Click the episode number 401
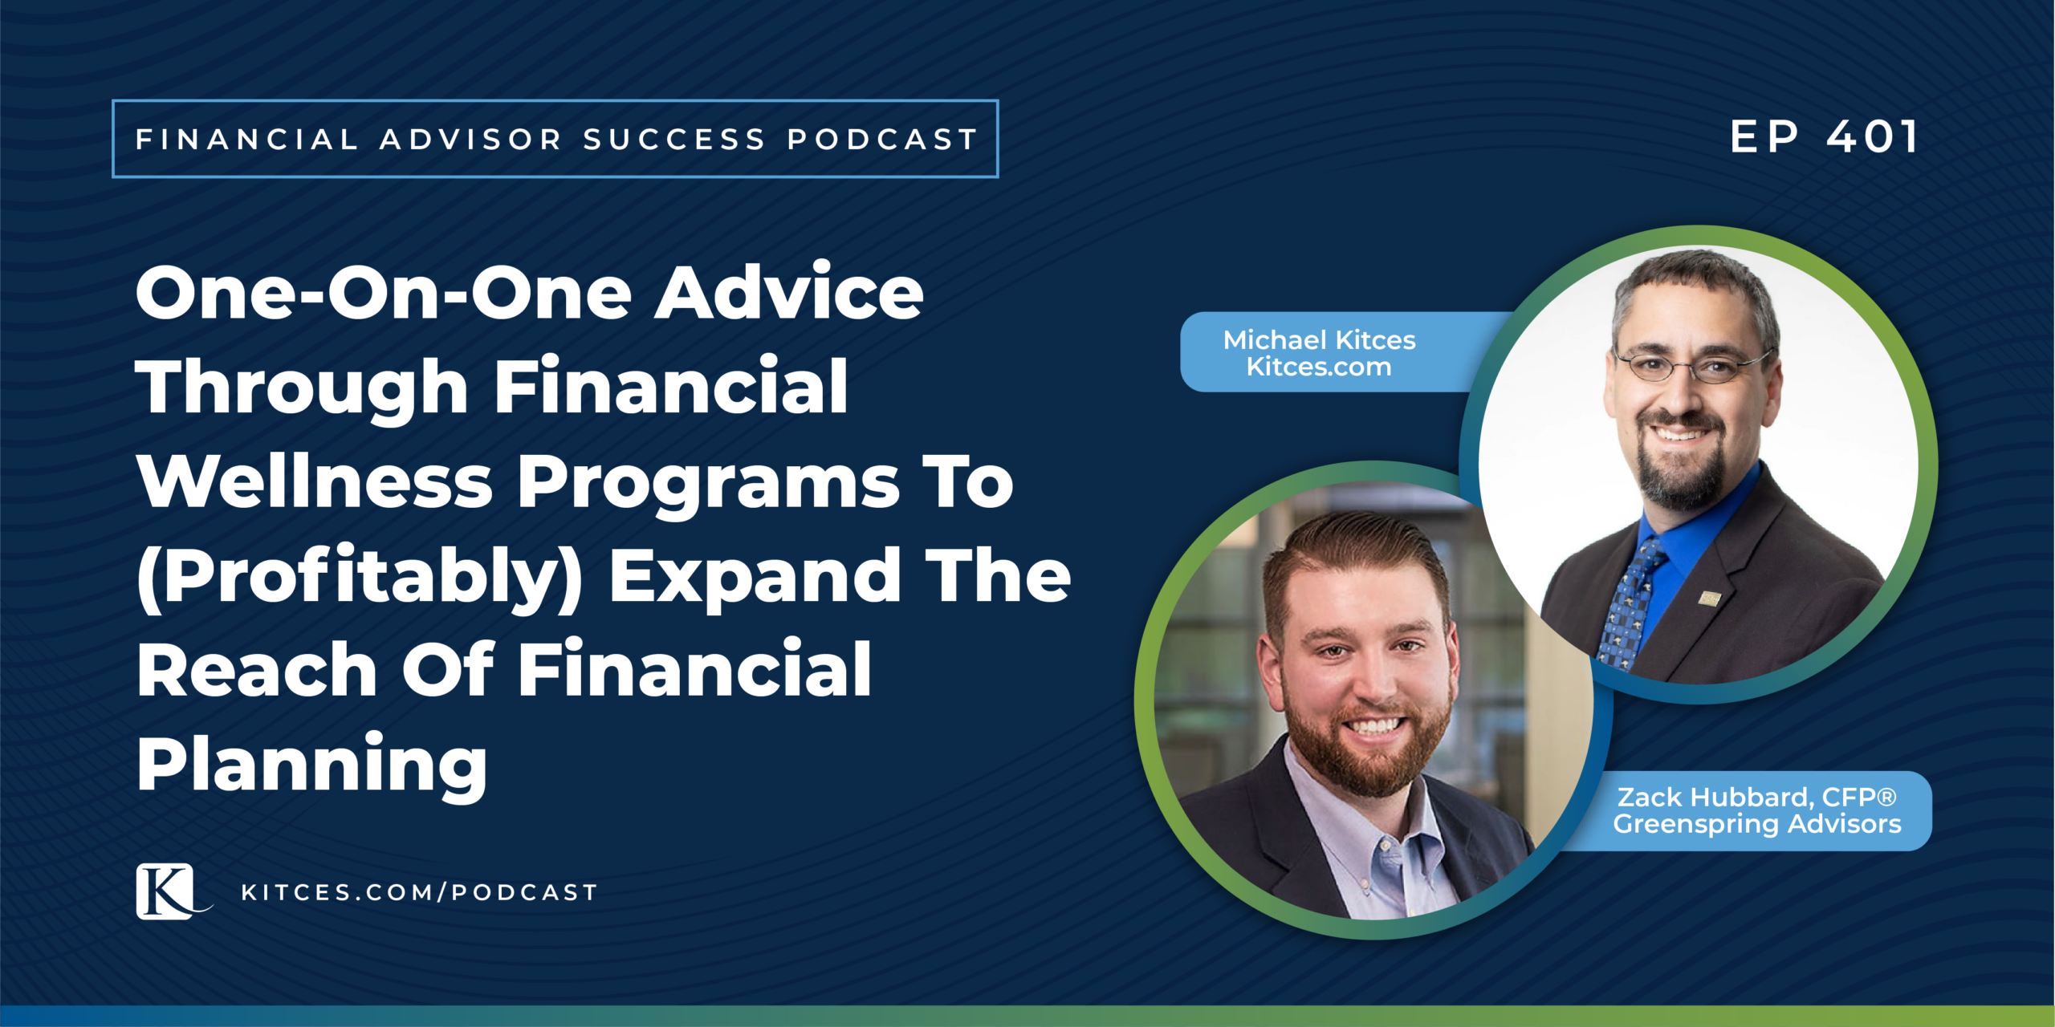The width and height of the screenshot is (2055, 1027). [x=1872, y=136]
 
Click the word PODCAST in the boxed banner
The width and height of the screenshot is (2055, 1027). [x=882, y=140]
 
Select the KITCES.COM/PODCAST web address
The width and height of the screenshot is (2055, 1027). [x=420, y=892]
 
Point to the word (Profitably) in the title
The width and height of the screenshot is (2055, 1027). [x=360, y=578]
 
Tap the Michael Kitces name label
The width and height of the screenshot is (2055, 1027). [x=1319, y=340]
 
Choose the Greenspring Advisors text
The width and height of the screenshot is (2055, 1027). [x=1757, y=825]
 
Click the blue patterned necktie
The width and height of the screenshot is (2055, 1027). [x=1629, y=602]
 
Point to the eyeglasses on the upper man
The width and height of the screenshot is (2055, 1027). [x=1690, y=366]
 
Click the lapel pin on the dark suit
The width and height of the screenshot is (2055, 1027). [x=1709, y=598]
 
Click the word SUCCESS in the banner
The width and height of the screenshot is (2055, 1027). [x=674, y=140]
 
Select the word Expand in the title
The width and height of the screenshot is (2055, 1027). [x=755, y=578]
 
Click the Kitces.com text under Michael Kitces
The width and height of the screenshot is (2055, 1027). [x=1319, y=367]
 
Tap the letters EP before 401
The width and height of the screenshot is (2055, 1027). [x=1764, y=136]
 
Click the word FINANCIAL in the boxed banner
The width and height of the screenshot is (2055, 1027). [x=246, y=140]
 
